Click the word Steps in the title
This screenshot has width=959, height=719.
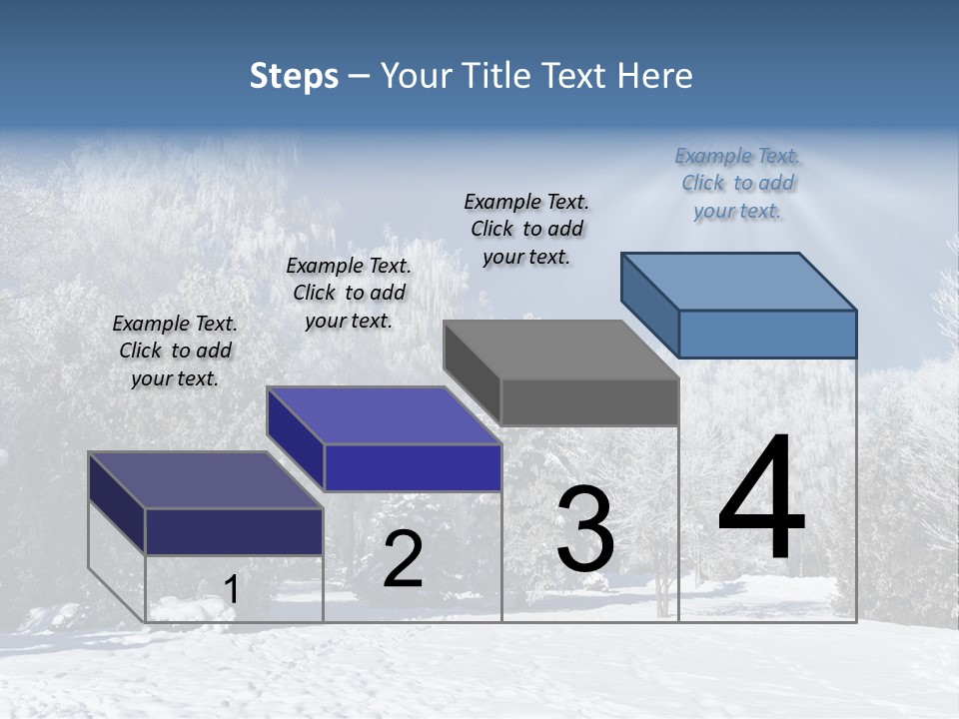click(294, 76)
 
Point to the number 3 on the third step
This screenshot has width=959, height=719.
click(584, 529)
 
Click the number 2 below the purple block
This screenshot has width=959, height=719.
click(404, 559)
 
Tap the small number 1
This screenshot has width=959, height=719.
click(231, 590)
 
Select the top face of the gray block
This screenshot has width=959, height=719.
click(561, 350)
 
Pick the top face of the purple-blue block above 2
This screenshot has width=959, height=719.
click(384, 415)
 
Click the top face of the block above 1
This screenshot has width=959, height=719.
click(206, 480)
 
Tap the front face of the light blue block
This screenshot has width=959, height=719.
click(767, 334)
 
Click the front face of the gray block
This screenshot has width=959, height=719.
click(589, 402)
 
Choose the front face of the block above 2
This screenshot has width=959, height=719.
click(413, 467)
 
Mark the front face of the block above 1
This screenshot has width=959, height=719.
click(234, 531)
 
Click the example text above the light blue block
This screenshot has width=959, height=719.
click(737, 184)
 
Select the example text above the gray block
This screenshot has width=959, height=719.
click(526, 229)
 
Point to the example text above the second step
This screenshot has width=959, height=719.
click(349, 293)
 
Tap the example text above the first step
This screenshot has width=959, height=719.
click(175, 351)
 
